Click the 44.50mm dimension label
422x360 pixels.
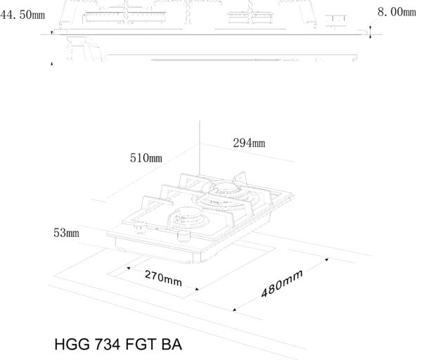point(23,15)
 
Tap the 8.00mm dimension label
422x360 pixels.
point(397,12)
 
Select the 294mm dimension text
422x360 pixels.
point(249,143)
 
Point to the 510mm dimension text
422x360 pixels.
point(146,158)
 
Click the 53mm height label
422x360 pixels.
point(67,233)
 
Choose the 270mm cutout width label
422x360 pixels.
point(163,278)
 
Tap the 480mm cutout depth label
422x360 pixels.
point(282,283)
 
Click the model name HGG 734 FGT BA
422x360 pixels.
point(118,345)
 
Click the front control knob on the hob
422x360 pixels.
point(184,236)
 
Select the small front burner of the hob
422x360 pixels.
point(188,217)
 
